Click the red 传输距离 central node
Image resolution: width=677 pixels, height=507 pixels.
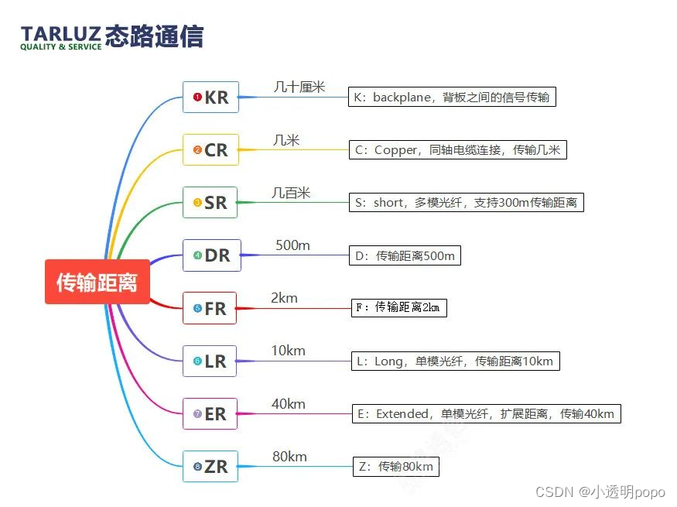(x=97, y=282)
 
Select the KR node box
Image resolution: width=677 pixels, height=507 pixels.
(x=210, y=98)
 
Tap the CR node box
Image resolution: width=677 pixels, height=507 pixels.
(x=210, y=150)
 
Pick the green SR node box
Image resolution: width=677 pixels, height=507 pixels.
(x=210, y=203)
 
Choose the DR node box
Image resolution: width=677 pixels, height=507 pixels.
(x=211, y=255)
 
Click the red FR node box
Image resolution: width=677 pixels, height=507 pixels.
(x=210, y=308)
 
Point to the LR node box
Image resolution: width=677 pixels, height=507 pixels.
(x=210, y=361)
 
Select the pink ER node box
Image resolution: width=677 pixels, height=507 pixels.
(x=210, y=413)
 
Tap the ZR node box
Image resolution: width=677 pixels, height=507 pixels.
(x=210, y=466)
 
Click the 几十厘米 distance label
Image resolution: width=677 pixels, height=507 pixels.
(x=299, y=87)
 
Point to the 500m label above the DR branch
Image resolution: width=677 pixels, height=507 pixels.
(x=292, y=245)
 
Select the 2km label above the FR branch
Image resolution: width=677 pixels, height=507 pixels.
(x=284, y=298)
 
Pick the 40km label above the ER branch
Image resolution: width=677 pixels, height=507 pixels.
(x=288, y=404)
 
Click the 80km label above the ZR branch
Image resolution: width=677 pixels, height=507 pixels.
(x=289, y=457)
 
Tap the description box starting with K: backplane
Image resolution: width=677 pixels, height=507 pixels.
(x=452, y=97)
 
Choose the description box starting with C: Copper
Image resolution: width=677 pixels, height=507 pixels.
(x=457, y=149)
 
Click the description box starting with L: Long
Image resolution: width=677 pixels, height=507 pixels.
(x=454, y=361)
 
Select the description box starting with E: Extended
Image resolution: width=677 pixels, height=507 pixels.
(x=486, y=413)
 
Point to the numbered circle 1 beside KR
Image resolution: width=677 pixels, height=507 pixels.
(x=197, y=98)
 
